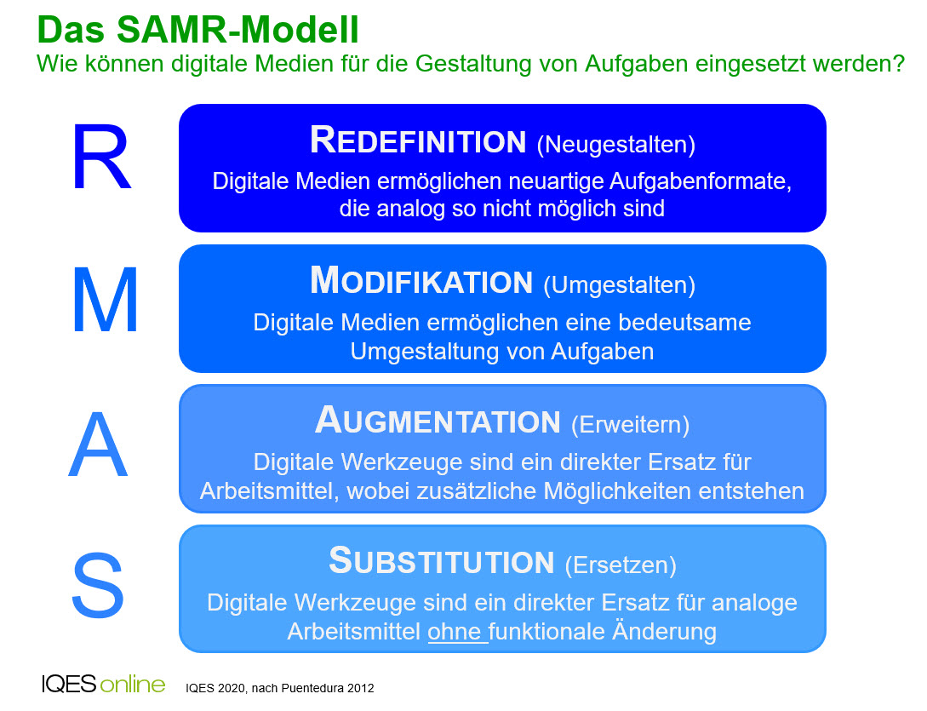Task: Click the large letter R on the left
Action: [x=101, y=158]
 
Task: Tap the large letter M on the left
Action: [x=106, y=301]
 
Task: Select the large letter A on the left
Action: [x=98, y=444]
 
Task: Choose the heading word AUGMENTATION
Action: [x=438, y=421]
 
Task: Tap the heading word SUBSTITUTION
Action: [x=442, y=561]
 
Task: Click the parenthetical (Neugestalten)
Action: [x=616, y=145]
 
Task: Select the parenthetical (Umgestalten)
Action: [x=620, y=285]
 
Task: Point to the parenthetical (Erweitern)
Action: [x=630, y=425]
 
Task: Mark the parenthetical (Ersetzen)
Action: [x=621, y=565]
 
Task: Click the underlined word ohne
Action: [x=455, y=632]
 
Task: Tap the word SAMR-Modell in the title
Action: [x=237, y=29]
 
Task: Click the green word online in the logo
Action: [x=133, y=685]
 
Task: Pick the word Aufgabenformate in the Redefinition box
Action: [x=701, y=181]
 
